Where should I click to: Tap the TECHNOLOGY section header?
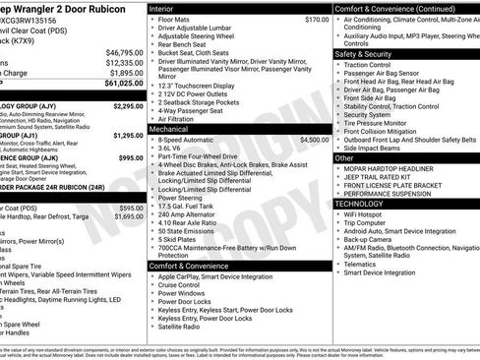pyautogui.click(x=361, y=203)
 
